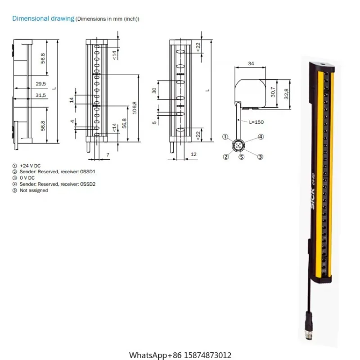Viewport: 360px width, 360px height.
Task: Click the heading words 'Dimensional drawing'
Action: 43,19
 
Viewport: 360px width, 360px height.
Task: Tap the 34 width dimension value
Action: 251,64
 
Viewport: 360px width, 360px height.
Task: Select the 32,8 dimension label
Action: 286,93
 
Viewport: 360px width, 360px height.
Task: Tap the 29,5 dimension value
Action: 40,83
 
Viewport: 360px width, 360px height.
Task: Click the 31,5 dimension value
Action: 40,94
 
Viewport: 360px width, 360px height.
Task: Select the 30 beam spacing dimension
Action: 154,90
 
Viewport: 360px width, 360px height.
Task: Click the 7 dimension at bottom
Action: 107,154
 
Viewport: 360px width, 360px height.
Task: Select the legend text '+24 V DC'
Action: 30,166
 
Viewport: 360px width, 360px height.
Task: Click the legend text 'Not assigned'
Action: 32,190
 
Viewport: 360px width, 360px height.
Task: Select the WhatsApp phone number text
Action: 180,355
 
